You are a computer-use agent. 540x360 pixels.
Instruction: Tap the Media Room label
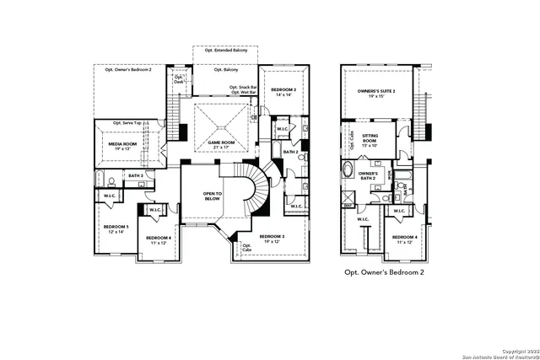click(123, 145)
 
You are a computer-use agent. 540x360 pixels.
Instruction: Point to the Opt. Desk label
click(179, 79)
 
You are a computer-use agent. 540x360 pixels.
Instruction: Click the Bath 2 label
click(291, 153)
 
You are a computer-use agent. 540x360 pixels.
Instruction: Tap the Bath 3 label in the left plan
click(135, 175)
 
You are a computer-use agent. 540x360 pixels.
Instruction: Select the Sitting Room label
click(371, 138)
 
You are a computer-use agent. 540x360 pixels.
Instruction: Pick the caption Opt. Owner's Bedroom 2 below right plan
click(384, 273)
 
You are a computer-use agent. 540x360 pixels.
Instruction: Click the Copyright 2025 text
click(516, 351)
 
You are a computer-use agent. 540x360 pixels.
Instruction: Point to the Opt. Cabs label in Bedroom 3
click(246, 248)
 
